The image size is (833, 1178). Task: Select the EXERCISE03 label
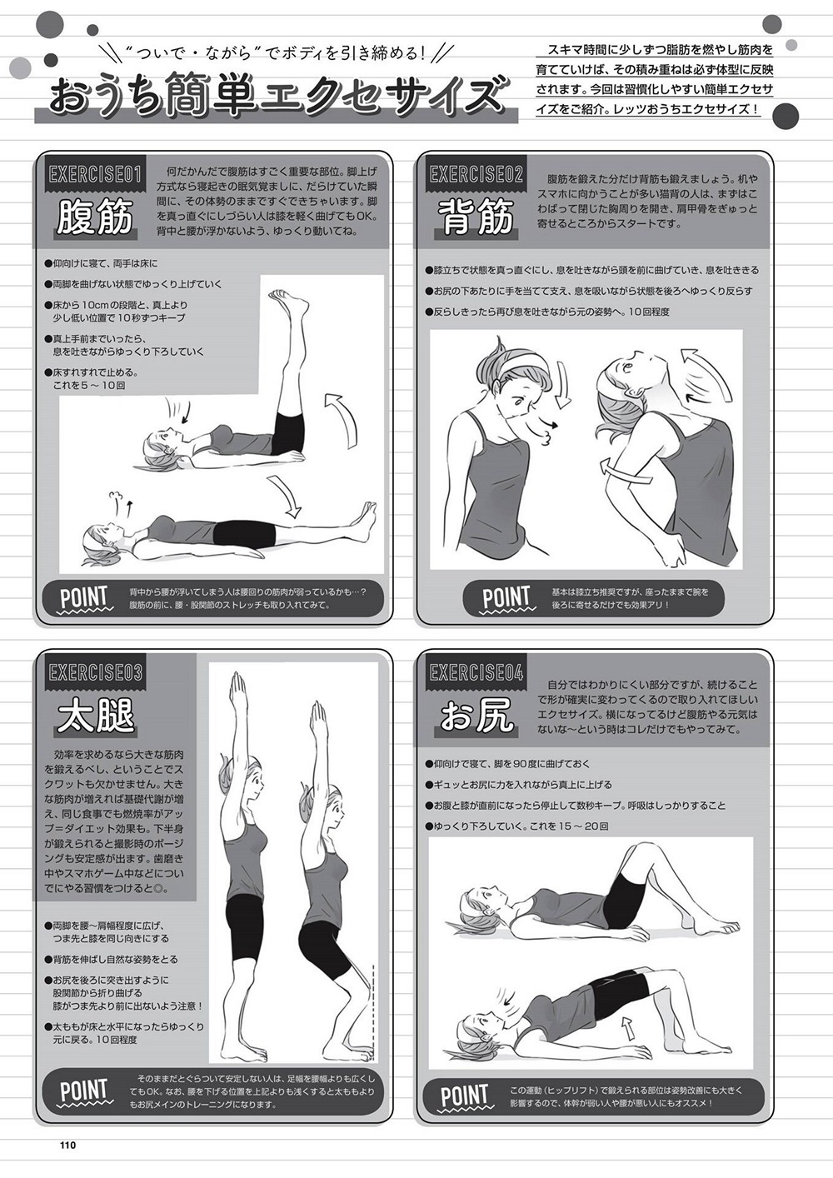tap(94, 672)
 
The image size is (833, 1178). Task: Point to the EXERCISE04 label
tap(476, 672)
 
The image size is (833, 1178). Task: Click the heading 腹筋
tap(95, 216)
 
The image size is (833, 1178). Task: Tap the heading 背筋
tap(476, 216)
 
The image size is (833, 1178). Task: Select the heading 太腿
tap(95, 715)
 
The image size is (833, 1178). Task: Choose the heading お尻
tap(476, 715)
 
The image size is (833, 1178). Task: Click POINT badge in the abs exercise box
tap(84, 597)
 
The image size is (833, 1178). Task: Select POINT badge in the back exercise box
tap(506, 597)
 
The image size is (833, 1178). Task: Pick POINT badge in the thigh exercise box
tap(84, 1091)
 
